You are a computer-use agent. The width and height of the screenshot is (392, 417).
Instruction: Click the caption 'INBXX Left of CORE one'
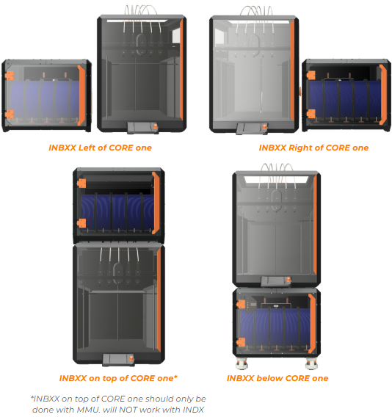coord(100,148)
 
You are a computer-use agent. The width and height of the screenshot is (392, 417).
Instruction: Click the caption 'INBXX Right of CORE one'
coord(313,148)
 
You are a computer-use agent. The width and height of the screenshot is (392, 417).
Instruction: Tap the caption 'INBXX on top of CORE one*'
coord(118,378)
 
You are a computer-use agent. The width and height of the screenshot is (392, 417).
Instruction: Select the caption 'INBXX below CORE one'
coord(277,378)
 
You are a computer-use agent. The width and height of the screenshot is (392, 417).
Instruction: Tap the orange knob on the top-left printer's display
coord(154,126)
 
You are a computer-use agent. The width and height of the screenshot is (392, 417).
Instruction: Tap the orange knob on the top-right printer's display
coord(264,127)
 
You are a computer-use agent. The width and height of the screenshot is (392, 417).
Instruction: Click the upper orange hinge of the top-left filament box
coord(10,76)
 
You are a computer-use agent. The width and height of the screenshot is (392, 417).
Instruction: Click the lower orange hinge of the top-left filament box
coord(10,115)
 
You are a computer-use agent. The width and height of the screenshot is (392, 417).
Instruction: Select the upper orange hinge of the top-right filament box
coord(311,75)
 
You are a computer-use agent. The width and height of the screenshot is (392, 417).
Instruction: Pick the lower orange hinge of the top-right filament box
coord(311,114)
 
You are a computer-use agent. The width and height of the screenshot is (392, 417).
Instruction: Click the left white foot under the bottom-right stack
coord(242,364)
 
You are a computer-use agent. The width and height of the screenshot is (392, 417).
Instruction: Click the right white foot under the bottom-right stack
coord(311,364)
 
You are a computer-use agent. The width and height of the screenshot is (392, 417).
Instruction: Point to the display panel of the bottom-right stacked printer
coord(276,281)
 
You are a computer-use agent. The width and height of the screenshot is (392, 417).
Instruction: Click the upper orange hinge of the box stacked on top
coord(81,184)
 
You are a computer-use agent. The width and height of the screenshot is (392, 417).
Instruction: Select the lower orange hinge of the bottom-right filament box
coord(241,342)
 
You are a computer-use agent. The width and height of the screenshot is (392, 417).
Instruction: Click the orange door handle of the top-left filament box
coord(81,95)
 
